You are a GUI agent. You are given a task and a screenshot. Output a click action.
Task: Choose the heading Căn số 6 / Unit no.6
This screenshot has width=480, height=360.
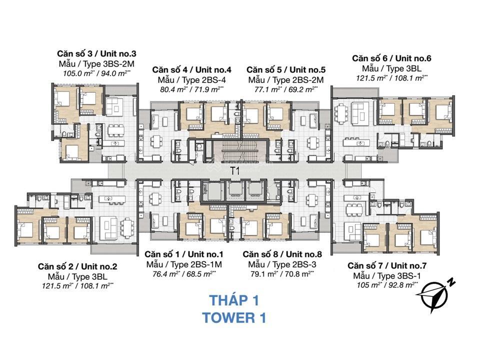pyautogui.click(x=391, y=58)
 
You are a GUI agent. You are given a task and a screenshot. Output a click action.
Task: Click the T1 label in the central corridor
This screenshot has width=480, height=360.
pyautogui.click(x=235, y=171)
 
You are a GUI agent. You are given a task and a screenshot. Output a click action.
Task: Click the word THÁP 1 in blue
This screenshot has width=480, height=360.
pyautogui.click(x=234, y=300)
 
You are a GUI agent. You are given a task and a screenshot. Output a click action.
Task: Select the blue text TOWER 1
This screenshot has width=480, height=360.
pyautogui.click(x=234, y=317)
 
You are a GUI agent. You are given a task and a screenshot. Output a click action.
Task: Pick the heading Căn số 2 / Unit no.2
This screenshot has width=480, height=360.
pyautogui.click(x=77, y=266)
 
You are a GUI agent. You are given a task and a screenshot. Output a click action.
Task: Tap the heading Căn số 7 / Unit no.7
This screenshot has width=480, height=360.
pyautogui.click(x=386, y=265)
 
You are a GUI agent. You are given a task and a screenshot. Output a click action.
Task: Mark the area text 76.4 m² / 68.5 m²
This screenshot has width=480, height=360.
pyautogui.click(x=183, y=273)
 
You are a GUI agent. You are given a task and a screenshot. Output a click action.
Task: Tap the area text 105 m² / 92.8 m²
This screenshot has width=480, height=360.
pyautogui.click(x=386, y=285)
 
